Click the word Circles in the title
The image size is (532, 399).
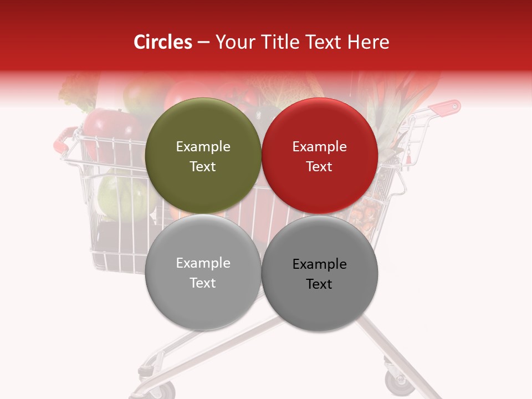[x=163, y=42]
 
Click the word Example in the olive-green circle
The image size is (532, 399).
[x=203, y=147]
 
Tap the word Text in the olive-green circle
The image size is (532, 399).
[x=203, y=167]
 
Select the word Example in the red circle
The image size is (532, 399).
[x=319, y=147]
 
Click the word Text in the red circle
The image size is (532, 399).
[x=319, y=167]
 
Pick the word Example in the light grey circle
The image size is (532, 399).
[x=203, y=263]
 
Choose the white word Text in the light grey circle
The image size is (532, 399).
[x=203, y=283]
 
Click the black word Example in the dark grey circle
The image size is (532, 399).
[x=319, y=264]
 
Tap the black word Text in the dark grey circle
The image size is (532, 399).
[x=319, y=284]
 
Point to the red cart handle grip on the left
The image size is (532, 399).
[x=64, y=138]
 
